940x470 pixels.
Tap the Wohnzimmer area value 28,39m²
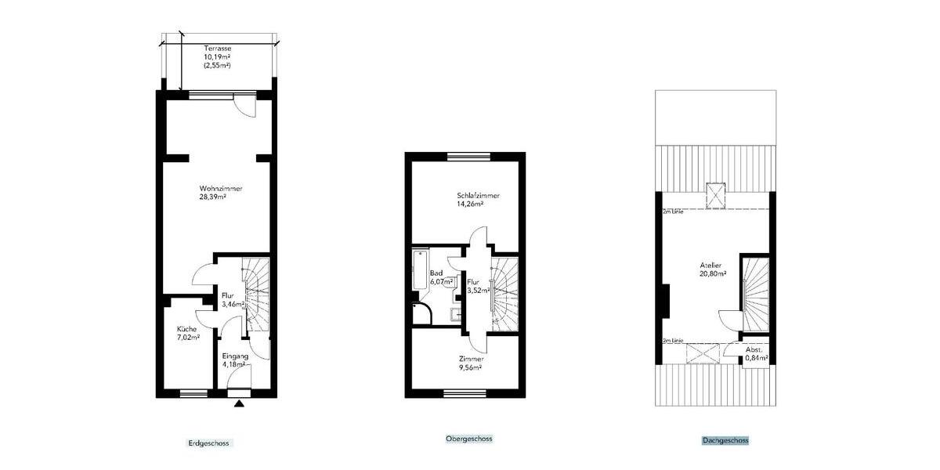[x=212, y=198]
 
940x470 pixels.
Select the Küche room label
[x=186, y=330]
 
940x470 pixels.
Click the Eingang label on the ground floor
[x=234, y=356]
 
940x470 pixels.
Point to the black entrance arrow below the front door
[x=239, y=403]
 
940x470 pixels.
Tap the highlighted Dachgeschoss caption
[x=725, y=441]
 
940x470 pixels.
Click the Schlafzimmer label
[x=478, y=196]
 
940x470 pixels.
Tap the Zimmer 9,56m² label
[x=471, y=363]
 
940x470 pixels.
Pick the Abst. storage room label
[x=754, y=349]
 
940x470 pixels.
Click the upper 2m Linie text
[x=674, y=211]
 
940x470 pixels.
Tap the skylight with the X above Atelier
[x=714, y=194]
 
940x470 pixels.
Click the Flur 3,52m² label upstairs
[x=475, y=286]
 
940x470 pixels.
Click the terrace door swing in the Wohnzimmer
[x=247, y=108]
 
